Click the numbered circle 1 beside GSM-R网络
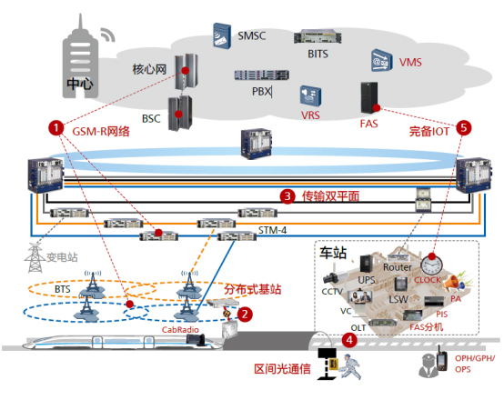tap(57, 128)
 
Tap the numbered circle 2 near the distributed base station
tap(245, 313)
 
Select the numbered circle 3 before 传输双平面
tap(287, 195)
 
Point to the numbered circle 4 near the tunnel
tap(348, 340)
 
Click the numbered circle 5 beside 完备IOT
tap(465, 128)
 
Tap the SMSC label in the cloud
tap(252, 36)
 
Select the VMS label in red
tap(410, 62)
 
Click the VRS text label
tap(310, 115)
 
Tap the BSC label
tap(151, 117)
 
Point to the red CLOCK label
tap(427, 281)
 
